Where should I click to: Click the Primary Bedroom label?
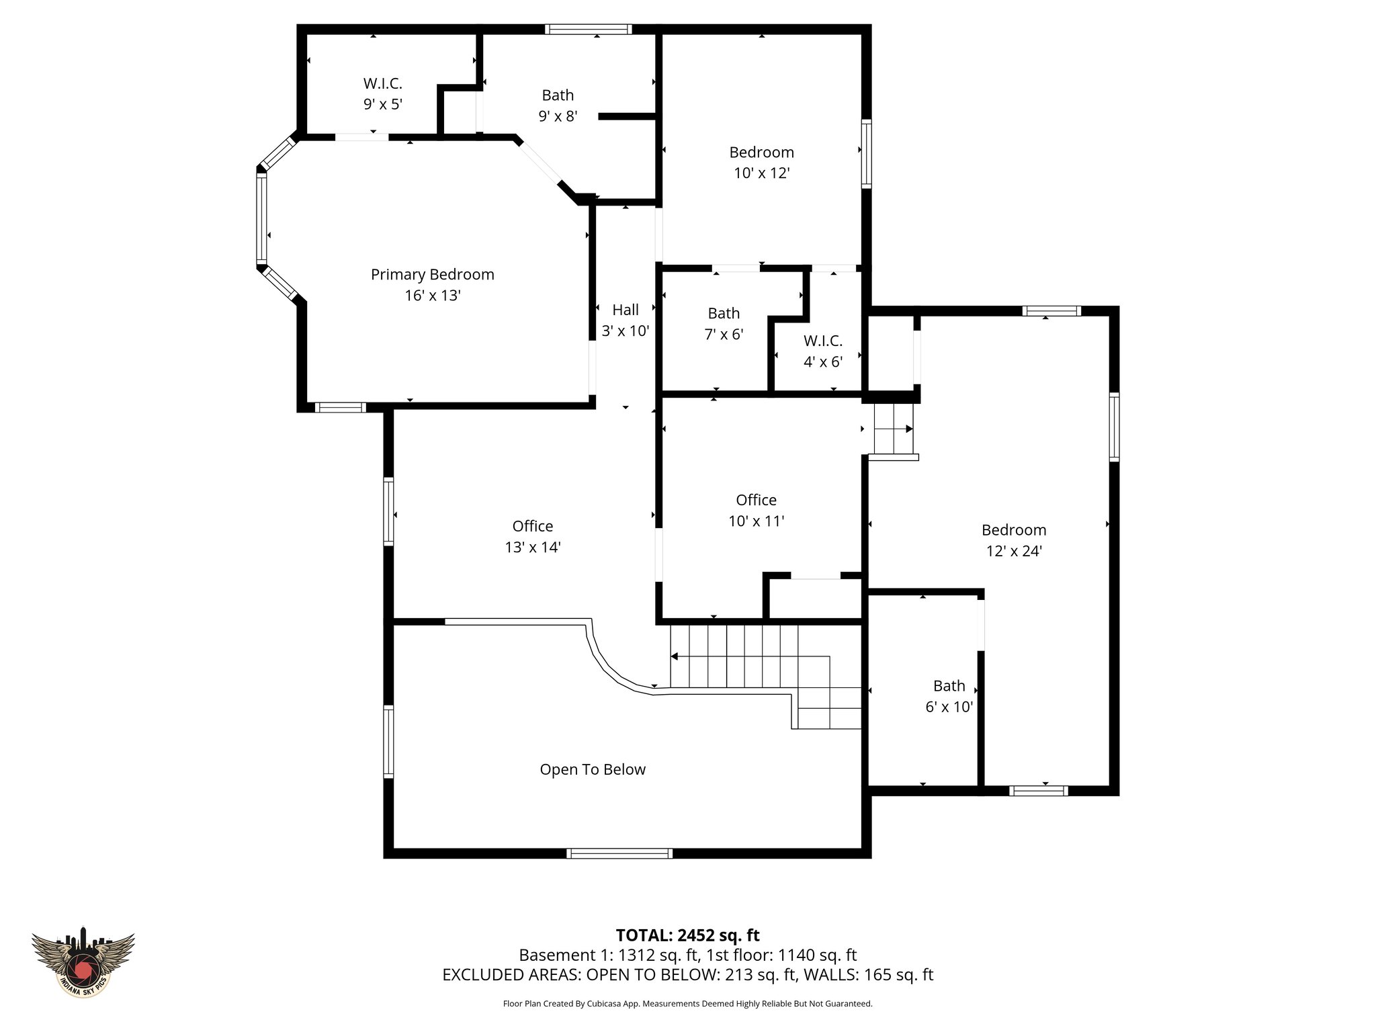pyautogui.click(x=432, y=274)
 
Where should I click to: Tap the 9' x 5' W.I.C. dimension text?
pyautogui.click(x=382, y=104)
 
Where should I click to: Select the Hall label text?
pyautogui.click(x=625, y=310)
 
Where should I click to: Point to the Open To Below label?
pyautogui.click(x=592, y=769)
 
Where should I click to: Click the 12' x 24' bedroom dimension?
pyautogui.click(x=1013, y=551)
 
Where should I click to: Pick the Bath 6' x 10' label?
pyautogui.click(x=949, y=686)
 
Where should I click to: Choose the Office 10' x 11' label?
pyautogui.click(x=756, y=500)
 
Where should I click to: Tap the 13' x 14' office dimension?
pyautogui.click(x=532, y=547)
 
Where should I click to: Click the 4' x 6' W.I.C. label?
pyautogui.click(x=822, y=341)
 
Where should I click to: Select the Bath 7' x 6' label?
pyautogui.click(x=724, y=313)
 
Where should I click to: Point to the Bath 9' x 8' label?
pyautogui.click(x=558, y=95)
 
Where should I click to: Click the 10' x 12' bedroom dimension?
pyautogui.click(x=761, y=173)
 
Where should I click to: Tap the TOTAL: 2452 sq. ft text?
pyautogui.click(x=687, y=935)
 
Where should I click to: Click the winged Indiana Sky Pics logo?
pyautogui.click(x=83, y=961)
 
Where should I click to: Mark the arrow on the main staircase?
pyautogui.click(x=675, y=656)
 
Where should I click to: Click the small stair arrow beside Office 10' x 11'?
pyautogui.click(x=908, y=429)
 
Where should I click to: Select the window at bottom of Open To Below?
pyautogui.click(x=619, y=853)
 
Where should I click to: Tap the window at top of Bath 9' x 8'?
pyautogui.click(x=588, y=29)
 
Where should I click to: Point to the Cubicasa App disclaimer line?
pyautogui.click(x=687, y=1004)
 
